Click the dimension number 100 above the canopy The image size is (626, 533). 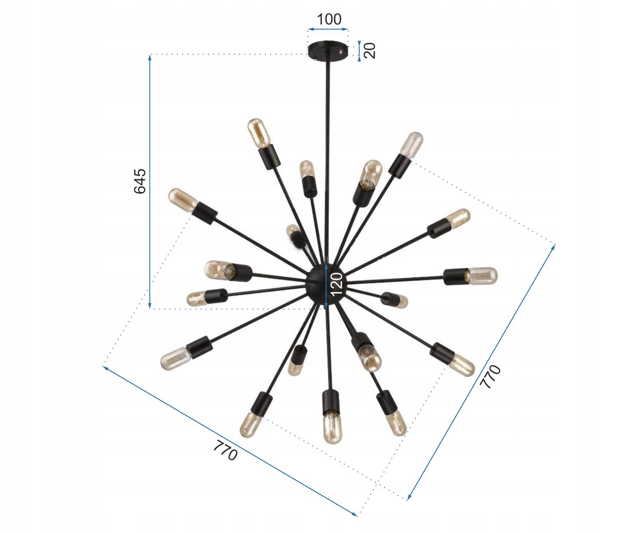coord(329,19)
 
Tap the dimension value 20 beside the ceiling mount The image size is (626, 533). coord(370,50)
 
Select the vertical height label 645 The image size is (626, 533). coord(140,181)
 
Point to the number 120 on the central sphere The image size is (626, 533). coord(336,284)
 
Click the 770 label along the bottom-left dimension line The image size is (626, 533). coord(225,450)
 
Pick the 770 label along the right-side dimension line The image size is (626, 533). coord(490,376)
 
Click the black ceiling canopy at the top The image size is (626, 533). coord(328,50)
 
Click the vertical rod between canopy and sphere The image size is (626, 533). coord(327,161)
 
